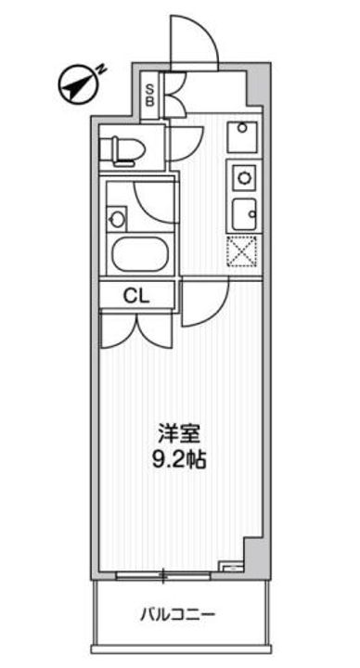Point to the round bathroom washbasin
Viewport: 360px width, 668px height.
[116, 219]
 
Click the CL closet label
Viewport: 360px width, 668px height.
[136, 296]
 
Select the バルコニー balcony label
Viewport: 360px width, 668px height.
[178, 614]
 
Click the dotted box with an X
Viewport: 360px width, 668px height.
[245, 250]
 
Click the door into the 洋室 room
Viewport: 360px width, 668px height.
[205, 306]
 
